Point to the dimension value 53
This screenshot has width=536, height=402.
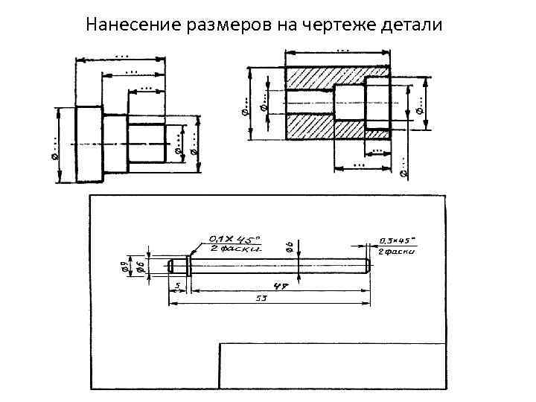pos(262,298)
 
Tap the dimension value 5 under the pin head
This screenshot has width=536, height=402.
pos(178,284)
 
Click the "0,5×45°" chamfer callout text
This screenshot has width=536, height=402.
pos(398,240)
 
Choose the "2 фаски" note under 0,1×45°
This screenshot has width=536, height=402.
pos(234,248)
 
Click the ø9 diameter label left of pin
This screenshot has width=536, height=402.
pos(124,264)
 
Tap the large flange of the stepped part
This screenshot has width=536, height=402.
pos(89,143)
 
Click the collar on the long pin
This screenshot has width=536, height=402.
pos(188,264)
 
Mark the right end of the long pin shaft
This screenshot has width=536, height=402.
pos(367,264)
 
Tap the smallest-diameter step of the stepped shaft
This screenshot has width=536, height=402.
pos(147,143)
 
